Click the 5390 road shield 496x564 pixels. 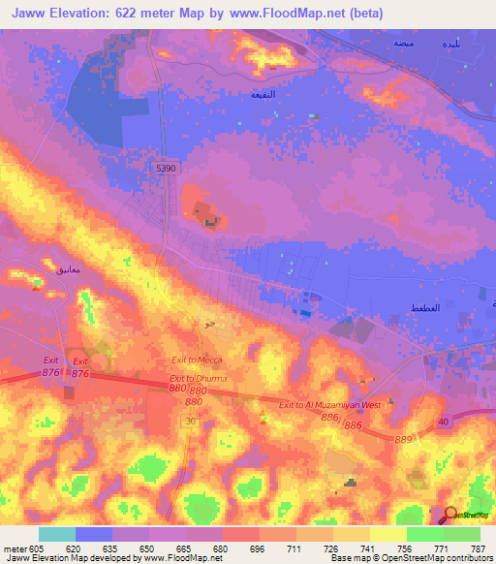point(167,168)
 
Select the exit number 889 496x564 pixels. point(405,439)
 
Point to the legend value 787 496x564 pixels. point(478,548)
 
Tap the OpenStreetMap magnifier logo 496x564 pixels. point(453,514)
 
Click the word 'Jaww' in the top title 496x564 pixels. point(32,14)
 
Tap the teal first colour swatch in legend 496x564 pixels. point(57,534)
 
